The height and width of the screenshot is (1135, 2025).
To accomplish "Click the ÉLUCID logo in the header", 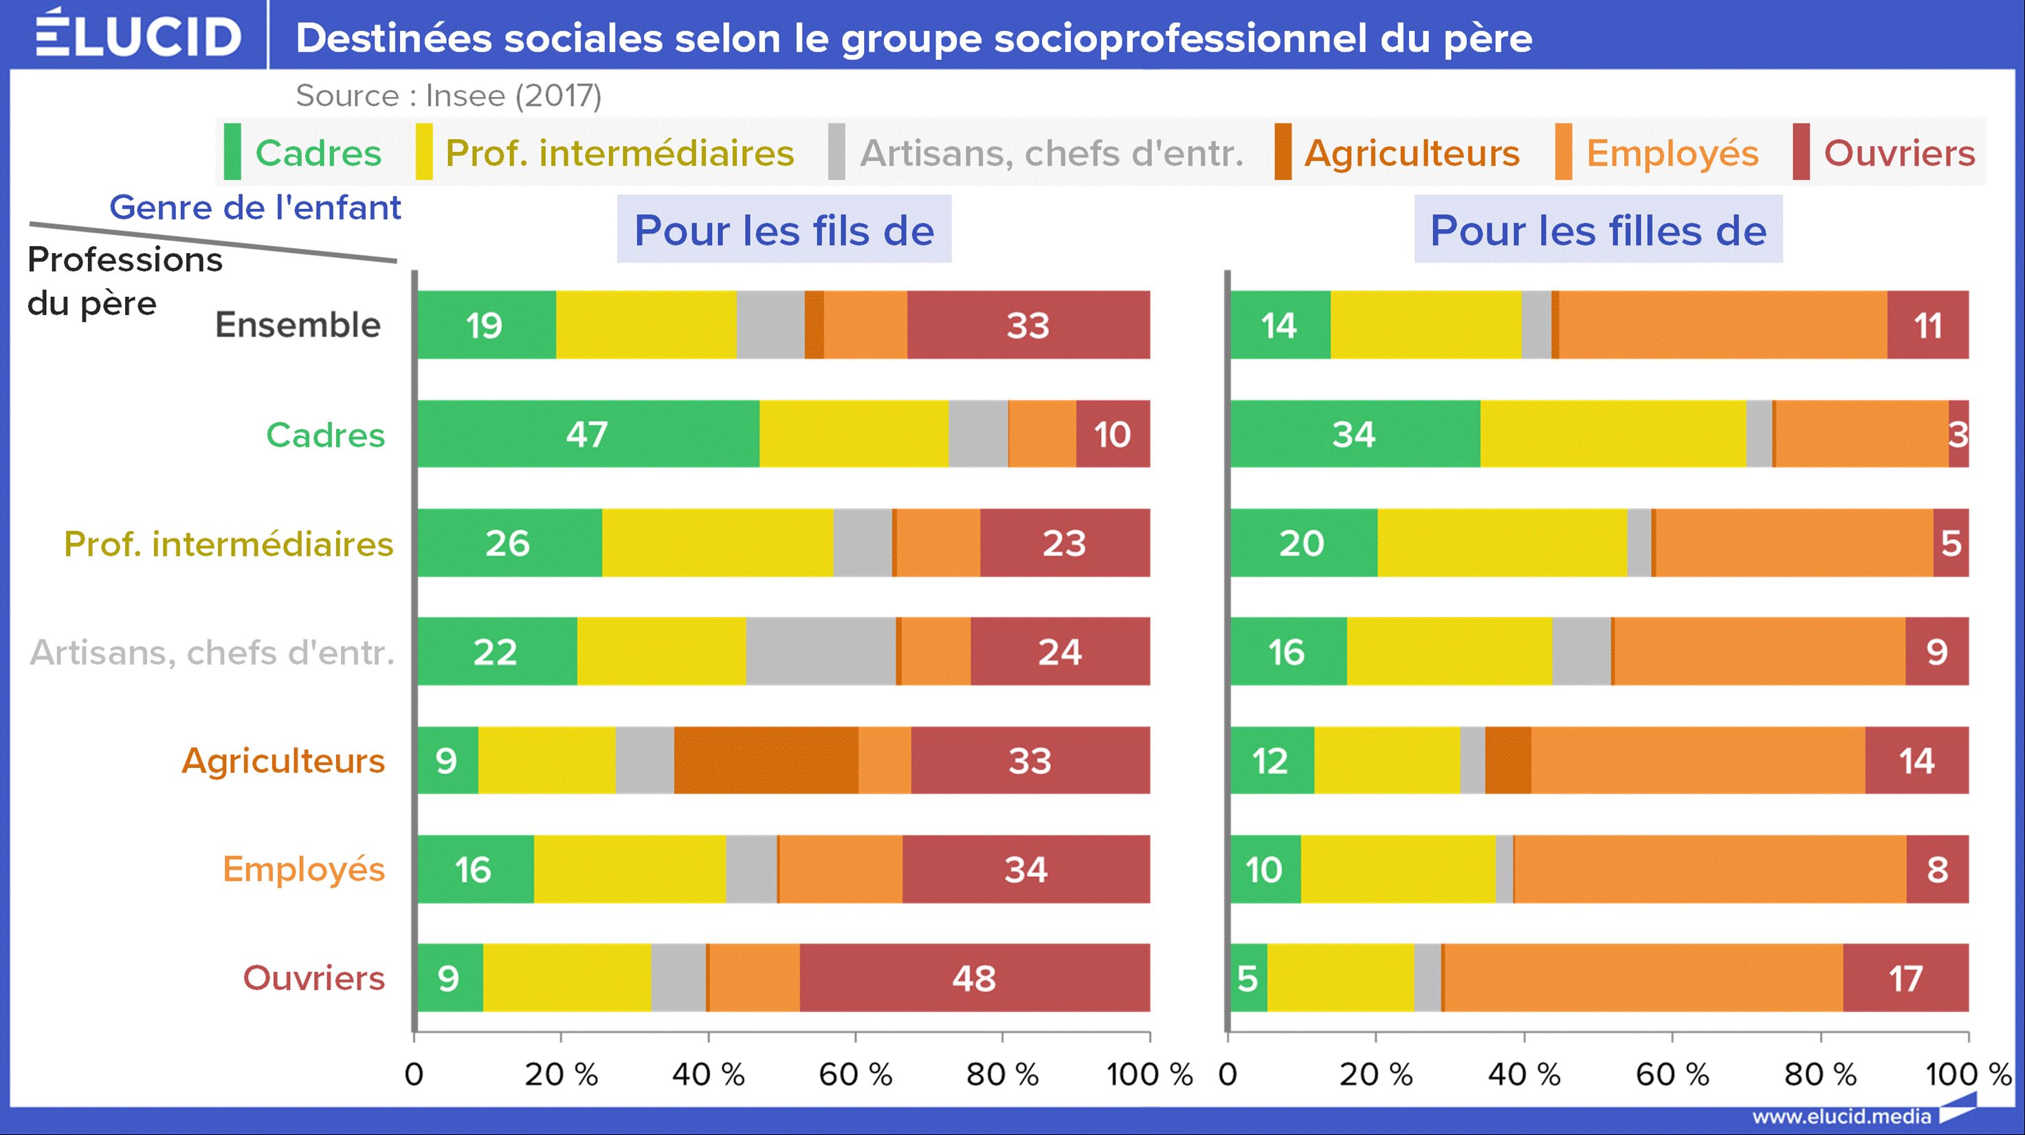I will coord(138,34).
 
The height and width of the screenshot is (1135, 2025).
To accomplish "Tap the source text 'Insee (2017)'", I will coord(513,96).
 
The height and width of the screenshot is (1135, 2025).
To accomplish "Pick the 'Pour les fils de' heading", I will coord(784,230).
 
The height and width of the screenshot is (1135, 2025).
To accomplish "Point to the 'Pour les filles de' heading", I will coord(1597,230).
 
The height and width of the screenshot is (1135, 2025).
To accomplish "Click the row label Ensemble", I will coord(298,324).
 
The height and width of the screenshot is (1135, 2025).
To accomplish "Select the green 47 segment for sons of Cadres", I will coord(587,434).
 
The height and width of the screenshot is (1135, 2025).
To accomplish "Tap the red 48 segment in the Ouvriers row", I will coord(974,978).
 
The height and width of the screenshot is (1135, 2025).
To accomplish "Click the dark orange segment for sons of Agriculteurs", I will coord(766,760).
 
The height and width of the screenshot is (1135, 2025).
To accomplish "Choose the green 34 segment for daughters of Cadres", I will coord(1353,434).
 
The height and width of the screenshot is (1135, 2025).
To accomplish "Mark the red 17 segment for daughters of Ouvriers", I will coord(1905,978).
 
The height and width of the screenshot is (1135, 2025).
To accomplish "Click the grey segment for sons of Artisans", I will coord(820,652).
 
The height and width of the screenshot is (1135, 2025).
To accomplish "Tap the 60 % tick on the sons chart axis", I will coord(855,1074).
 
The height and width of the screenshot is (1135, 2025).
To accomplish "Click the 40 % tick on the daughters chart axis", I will coord(1523,1074).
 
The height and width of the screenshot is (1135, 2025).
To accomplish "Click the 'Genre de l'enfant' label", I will coord(255,208).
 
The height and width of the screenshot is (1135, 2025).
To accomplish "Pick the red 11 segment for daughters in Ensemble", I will coord(1927,324).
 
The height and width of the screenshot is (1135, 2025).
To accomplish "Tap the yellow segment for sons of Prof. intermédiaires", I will coord(717,543).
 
